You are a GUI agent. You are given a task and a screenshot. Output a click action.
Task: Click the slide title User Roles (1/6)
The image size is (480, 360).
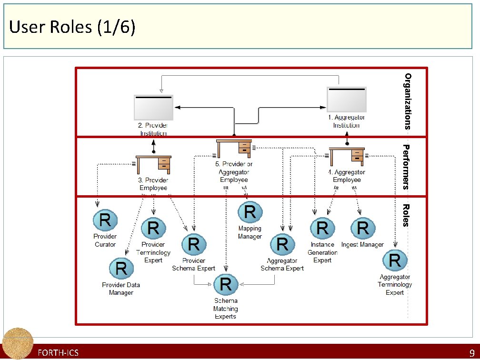72,27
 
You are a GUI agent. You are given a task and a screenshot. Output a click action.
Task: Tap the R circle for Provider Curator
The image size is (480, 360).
105,220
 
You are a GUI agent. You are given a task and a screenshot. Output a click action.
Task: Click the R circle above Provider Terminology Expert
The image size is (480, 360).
153,229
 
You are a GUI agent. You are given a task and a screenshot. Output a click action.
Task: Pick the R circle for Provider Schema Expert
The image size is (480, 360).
194,245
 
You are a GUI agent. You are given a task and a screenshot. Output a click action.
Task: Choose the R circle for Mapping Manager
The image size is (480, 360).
250,212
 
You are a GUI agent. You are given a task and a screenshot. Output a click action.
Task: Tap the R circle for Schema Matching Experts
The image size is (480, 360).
226,284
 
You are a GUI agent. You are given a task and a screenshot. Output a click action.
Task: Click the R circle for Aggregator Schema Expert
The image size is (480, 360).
282,245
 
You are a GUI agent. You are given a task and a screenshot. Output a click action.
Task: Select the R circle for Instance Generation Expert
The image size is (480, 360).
322,229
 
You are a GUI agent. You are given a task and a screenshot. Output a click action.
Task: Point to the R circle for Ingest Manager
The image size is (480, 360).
362,228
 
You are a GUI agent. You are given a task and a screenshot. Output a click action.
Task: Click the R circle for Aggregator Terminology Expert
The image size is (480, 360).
395,260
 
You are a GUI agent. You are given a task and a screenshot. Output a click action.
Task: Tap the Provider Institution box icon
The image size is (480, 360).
153,107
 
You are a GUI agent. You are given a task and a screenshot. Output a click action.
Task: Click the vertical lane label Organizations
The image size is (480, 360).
408,101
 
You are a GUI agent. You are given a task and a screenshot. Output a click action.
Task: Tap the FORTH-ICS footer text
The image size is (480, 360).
58,353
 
